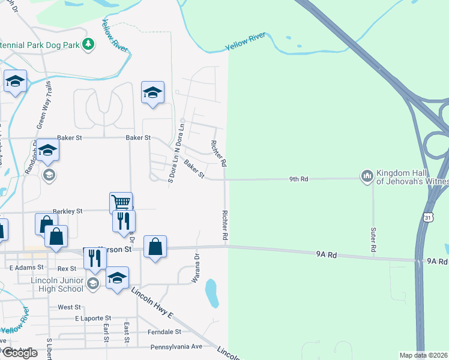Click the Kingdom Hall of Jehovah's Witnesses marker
(x=366, y=176)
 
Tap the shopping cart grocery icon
(x=121, y=202)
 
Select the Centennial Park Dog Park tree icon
(x=88, y=44)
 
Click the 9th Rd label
(x=298, y=179)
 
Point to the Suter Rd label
(x=373, y=239)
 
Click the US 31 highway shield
(x=427, y=217)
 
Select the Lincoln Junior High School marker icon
(x=92, y=283)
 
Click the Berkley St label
(x=67, y=211)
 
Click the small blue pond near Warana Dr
(x=211, y=293)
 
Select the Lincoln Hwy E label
(x=152, y=306)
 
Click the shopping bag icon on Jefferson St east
(x=155, y=246)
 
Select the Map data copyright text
(x=424, y=355)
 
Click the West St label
(x=69, y=307)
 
